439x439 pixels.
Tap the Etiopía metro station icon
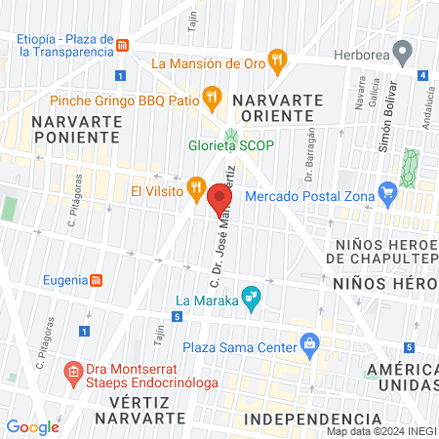[x=122, y=45]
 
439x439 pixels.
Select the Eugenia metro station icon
[x=97, y=281]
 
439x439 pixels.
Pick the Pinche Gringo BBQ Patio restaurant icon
[x=210, y=96]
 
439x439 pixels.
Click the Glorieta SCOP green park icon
[x=231, y=135]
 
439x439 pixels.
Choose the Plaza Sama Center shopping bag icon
[x=310, y=343]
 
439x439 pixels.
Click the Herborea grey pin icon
[x=400, y=51]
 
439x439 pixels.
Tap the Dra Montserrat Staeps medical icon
[x=73, y=372]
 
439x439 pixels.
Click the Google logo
[x=32, y=426]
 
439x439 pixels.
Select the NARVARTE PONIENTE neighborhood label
[x=76, y=128]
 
